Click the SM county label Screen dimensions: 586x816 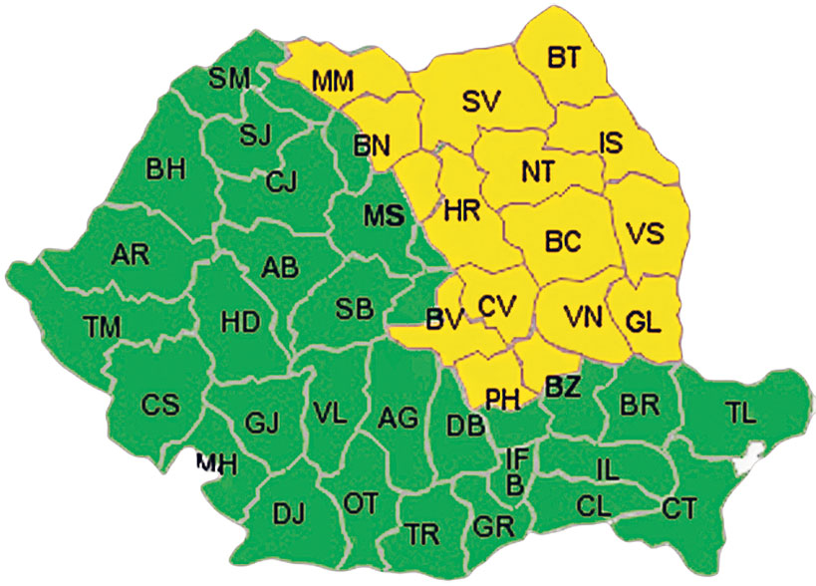230,79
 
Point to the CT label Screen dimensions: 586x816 680,509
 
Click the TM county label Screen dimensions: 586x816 101,325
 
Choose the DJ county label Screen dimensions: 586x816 289,513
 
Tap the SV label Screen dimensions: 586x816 483,101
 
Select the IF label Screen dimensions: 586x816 517,459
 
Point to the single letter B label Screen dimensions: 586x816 514,484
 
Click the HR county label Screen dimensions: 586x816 462,211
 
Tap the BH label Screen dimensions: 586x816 166,168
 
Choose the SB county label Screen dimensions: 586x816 354,309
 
